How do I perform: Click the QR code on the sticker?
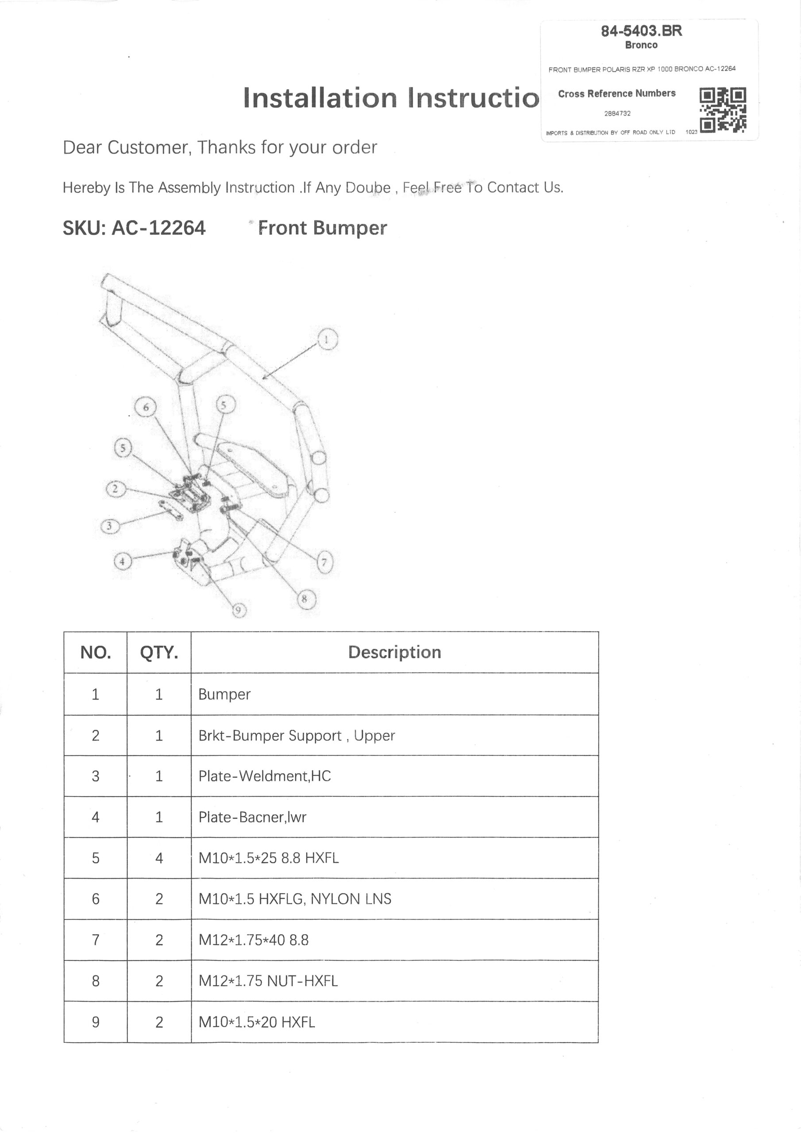723,110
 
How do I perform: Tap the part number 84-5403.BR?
641,31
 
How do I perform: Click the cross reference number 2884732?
617,113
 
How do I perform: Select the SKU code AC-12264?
158,228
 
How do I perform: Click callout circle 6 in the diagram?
146,408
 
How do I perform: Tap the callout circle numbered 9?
239,610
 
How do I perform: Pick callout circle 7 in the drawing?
324,562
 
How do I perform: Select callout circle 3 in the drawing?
110,527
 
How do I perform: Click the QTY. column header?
159,652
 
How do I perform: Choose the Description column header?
394,652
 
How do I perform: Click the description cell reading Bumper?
224,694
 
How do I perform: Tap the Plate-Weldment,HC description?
265,776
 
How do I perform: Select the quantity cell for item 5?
159,858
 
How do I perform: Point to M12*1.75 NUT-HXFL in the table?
268,981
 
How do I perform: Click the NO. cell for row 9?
96,1022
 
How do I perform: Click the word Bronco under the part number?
641,45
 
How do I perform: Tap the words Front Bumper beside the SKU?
323,228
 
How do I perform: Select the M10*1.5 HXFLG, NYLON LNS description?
295,899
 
